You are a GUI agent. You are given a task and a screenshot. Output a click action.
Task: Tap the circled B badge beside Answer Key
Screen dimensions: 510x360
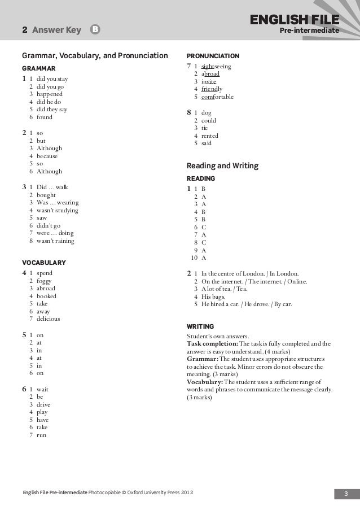pos(95,30)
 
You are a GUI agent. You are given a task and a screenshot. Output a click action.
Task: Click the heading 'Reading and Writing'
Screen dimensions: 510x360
pos(222,166)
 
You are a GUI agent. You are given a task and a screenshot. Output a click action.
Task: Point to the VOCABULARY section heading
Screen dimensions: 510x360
pos(43,262)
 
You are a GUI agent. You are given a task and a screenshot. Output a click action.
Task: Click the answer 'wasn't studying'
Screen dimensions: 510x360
pos(57,210)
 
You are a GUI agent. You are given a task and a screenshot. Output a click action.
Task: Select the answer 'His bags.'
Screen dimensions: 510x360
pos(213,296)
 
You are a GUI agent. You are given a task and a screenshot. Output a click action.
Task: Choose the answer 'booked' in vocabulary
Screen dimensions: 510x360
pos(46,295)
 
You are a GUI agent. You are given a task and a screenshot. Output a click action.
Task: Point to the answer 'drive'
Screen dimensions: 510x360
pos(43,404)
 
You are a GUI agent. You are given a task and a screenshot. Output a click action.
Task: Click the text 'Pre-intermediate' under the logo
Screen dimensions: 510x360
pos(313,30)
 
